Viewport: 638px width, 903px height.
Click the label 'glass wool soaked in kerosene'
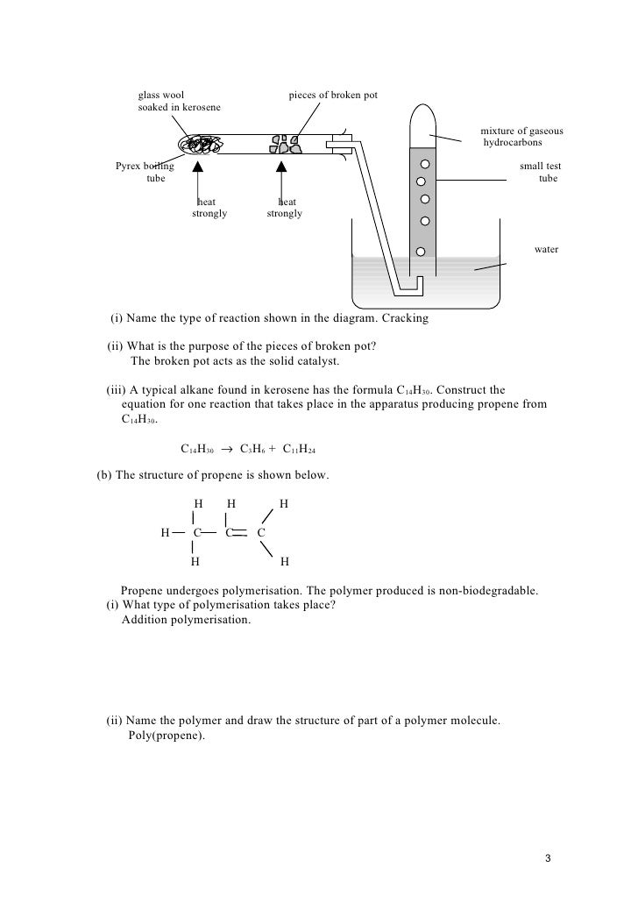[x=179, y=101]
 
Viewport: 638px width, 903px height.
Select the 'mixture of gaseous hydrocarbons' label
[x=521, y=137]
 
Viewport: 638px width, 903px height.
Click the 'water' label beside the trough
[x=546, y=250]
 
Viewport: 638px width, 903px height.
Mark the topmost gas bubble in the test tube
[x=425, y=164]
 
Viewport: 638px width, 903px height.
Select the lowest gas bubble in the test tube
[x=421, y=252]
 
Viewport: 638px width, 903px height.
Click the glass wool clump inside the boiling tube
[x=200, y=145]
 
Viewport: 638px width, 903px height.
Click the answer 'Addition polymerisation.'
[x=185, y=620]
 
